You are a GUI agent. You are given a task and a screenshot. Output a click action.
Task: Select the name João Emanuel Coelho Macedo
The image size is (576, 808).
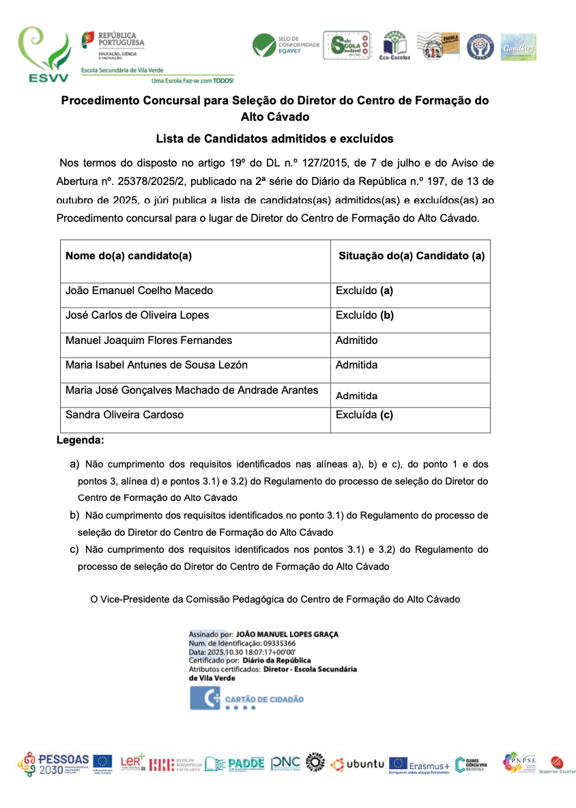(139, 291)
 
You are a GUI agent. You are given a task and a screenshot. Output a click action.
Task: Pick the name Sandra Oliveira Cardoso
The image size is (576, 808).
(124, 414)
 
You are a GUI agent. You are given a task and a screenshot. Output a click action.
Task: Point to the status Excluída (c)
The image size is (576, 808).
(364, 414)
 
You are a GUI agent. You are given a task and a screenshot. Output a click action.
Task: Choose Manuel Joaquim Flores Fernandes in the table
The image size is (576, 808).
(149, 340)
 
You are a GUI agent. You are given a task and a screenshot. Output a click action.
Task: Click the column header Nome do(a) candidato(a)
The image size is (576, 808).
(128, 256)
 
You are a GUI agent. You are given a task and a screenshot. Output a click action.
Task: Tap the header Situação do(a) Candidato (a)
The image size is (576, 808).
(412, 256)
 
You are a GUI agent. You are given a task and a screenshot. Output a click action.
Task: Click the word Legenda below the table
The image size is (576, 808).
(81, 441)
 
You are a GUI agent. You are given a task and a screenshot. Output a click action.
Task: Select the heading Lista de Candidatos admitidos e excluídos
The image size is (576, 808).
(274, 139)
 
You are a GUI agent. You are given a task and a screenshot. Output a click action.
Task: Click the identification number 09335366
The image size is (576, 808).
(273, 643)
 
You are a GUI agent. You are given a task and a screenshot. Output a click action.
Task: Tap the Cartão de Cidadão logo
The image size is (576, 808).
(247, 699)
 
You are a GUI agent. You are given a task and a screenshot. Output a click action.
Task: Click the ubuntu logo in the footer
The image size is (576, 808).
(358, 764)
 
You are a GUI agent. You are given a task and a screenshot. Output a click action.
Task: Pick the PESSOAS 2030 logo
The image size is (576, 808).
(54, 764)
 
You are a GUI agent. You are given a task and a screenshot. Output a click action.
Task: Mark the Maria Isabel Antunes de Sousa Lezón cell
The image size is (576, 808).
(156, 365)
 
